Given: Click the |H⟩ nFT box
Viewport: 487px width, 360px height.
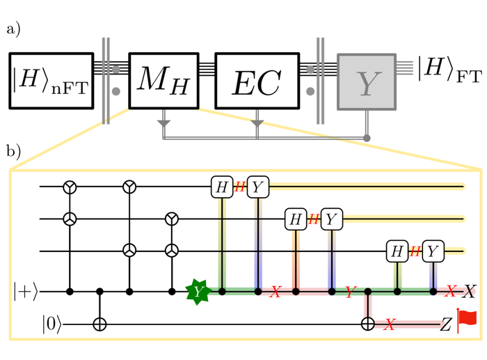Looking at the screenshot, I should coord(51,81).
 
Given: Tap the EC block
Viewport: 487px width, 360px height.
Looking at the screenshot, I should coord(257,81).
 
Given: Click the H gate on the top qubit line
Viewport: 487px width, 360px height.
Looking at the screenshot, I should coord(221,186).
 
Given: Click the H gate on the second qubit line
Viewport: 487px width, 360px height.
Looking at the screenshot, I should coord(295,219).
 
